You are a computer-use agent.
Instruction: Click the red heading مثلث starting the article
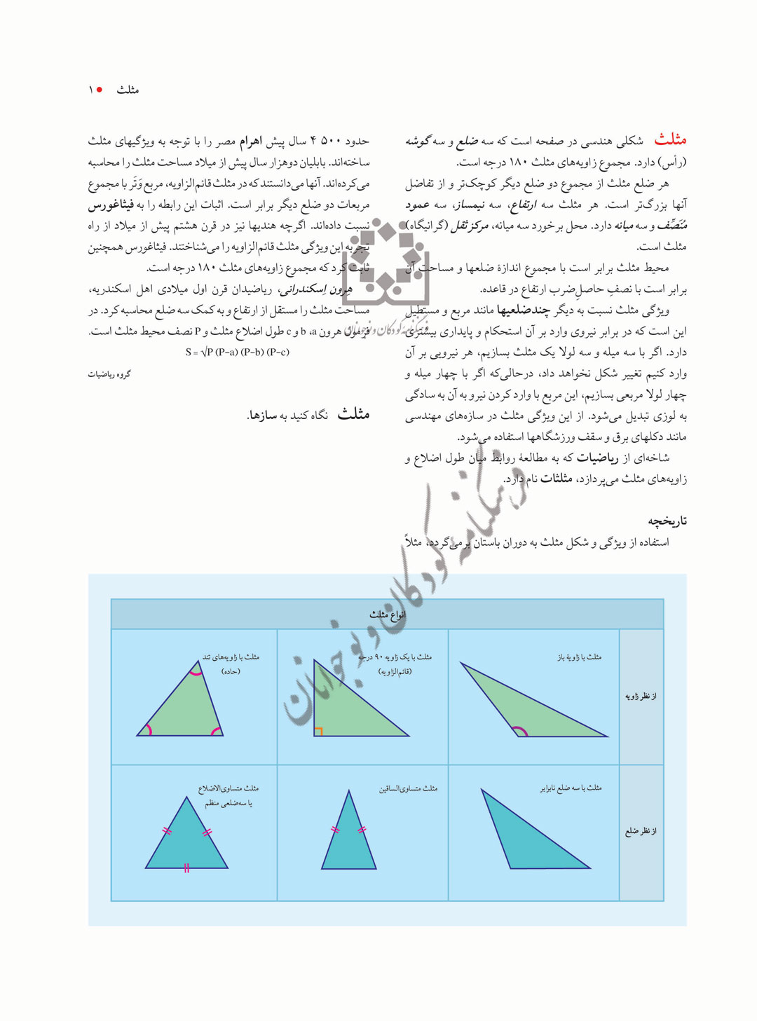tap(670, 139)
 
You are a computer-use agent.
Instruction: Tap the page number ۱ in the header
tap(90, 90)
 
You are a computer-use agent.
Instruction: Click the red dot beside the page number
tap(100, 90)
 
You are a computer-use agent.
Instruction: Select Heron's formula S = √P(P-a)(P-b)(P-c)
tap(237, 352)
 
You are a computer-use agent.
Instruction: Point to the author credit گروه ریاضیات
tap(109, 374)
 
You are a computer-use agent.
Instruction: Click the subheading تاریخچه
tap(667, 521)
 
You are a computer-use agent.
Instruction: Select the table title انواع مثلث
tap(388, 615)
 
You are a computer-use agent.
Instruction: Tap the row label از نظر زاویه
tap(641, 696)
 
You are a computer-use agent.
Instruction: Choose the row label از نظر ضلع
tap(641, 831)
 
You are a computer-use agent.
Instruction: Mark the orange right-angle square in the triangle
tap(318, 732)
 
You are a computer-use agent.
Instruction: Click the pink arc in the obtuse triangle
tap(519, 732)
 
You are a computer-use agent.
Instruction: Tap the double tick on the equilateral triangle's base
tap(186, 868)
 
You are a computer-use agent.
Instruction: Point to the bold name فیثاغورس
tap(111, 205)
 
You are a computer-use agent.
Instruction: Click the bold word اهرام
tap(250, 142)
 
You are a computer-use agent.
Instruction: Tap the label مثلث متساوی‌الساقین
tap(408, 788)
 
